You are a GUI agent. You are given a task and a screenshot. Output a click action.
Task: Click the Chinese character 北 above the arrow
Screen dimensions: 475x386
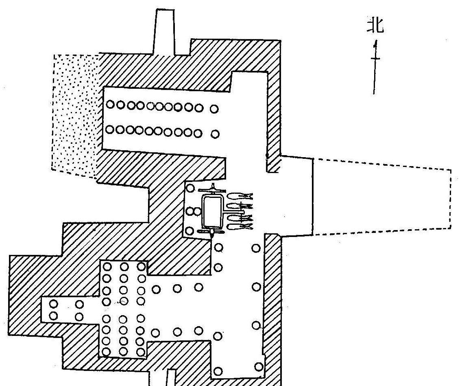(376, 25)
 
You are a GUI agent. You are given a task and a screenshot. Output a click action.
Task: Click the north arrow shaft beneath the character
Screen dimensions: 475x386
(375, 67)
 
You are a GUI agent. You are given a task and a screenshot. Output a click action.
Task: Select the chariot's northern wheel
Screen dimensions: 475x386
(212, 191)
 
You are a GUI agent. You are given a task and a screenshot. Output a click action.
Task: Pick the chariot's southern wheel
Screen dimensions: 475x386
(211, 232)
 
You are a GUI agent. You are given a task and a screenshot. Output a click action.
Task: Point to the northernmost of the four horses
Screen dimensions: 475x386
(239, 196)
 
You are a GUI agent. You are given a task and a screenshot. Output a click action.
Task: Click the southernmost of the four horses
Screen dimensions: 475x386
(239, 226)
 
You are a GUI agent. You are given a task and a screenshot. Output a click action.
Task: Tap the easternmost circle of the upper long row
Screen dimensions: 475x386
(214, 109)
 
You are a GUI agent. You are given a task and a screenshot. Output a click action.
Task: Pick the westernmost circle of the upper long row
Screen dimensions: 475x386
(110, 105)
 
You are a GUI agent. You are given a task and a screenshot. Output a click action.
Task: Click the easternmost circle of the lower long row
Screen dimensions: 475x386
(215, 134)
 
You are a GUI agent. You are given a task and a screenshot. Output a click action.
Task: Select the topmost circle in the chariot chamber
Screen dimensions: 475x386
(190, 188)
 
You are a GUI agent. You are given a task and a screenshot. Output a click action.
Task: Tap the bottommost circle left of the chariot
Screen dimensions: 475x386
(190, 231)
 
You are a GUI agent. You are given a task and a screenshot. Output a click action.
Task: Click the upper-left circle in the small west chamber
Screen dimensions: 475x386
(53, 303)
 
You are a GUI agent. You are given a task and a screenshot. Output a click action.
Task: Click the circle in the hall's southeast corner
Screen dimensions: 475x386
(259, 367)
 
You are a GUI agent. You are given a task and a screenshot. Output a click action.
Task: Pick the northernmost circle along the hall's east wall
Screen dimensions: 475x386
(256, 248)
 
